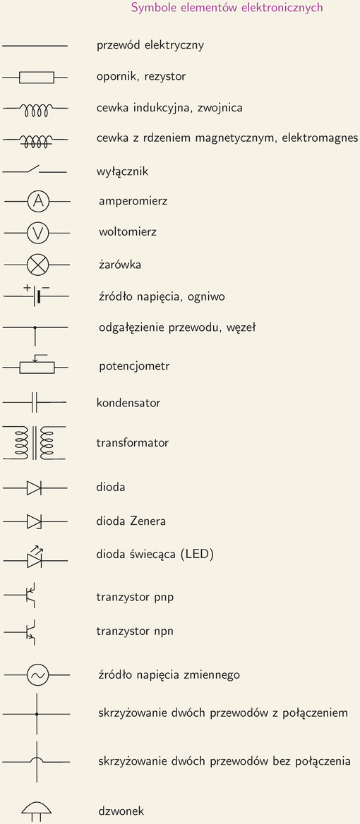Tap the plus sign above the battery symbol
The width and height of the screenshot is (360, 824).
pos(27,287)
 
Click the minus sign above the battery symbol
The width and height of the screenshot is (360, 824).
pos(46,287)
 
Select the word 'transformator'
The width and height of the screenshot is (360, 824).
pos(133,442)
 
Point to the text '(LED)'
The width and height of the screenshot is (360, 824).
pos(196,555)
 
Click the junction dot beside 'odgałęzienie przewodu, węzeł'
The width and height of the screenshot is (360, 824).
pos(35,327)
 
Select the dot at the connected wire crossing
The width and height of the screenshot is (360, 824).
pos(37,714)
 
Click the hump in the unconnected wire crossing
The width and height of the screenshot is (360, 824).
pos(36,758)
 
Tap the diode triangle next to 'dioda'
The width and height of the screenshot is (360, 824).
pos(34,488)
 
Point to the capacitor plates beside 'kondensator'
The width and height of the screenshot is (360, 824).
pos(35,403)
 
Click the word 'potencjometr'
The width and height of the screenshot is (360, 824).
pos(134,366)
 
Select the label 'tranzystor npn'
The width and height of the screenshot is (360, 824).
pos(135,631)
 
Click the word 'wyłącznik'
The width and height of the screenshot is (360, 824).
pos(122,172)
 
